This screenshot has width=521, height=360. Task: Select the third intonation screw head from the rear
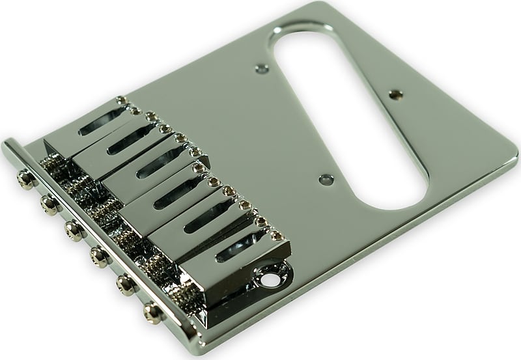point(70,228)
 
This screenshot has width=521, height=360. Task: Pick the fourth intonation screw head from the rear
point(98,253)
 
